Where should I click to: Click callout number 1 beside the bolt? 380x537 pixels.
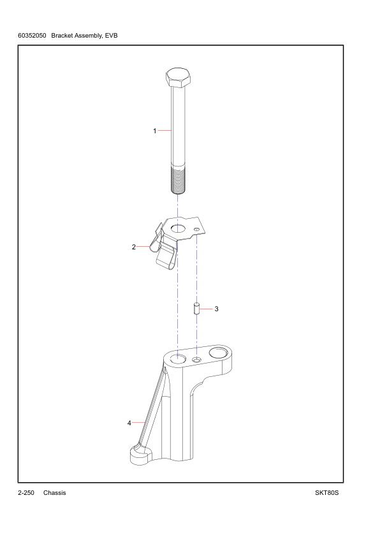(x=154, y=131)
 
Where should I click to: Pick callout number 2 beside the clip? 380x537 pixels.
(x=134, y=247)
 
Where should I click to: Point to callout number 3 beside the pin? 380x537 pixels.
(x=216, y=309)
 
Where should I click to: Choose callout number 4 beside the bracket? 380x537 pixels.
(x=129, y=422)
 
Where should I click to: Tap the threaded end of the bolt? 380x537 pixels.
(x=178, y=179)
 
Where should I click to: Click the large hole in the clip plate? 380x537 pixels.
(x=177, y=228)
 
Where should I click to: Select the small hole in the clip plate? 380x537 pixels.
(x=197, y=230)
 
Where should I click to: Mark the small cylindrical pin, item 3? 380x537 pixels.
(x=197, y=309)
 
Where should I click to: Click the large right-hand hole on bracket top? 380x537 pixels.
(x=218, y=352)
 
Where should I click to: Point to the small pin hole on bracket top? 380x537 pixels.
(x=197, y=360)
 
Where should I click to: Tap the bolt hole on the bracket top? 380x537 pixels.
(x=177, y=358)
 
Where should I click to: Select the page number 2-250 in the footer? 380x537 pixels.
(x=26, y=493)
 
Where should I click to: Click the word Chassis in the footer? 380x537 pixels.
(x=55, y=493)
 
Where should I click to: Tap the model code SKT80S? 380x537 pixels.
(x=326, y=493)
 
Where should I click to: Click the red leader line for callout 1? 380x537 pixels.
(x=164, y=131)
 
